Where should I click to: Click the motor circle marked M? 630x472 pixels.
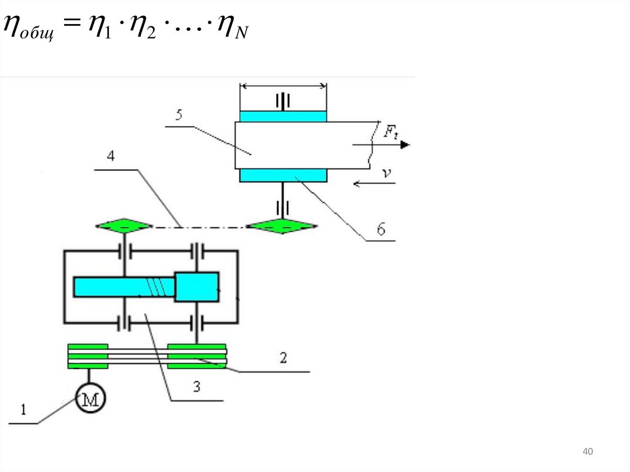[x=90, y=400]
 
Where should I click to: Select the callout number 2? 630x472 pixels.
[x=282, y=358]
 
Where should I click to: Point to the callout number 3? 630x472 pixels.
[x=196, y=387]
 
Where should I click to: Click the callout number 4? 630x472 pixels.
[x=111, y=156]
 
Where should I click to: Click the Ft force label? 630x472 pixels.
[x=391, y=130]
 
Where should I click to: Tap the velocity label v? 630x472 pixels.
[x=386, y=174]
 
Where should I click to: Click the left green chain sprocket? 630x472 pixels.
[x=124, y=226]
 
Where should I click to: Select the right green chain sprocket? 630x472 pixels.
[x=282, y=226]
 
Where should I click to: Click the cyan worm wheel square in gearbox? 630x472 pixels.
[x=196, y=287]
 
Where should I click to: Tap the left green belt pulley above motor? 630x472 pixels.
[x=88, y=356]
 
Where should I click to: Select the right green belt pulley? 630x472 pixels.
[x=197, y=356]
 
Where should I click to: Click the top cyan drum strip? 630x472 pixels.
[x=283, y=116]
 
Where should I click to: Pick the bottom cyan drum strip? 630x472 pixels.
[x=283, y=176]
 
